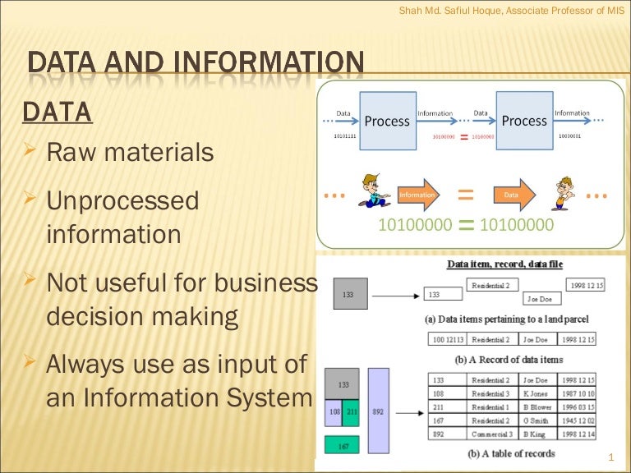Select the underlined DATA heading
pyautogui.click(x=57, y=111)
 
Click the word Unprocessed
pyautogui.click(x=122, y=201)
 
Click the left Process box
pyautogui.click(x=387, y=121)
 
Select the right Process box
pyautogui.click(x=524, y=121)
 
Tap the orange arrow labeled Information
pyautogui.click(x=420, y=195)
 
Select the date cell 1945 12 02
pyautogui.click(x=578, y=420)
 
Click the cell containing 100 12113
pyautogui.click(x=446, y=338)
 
